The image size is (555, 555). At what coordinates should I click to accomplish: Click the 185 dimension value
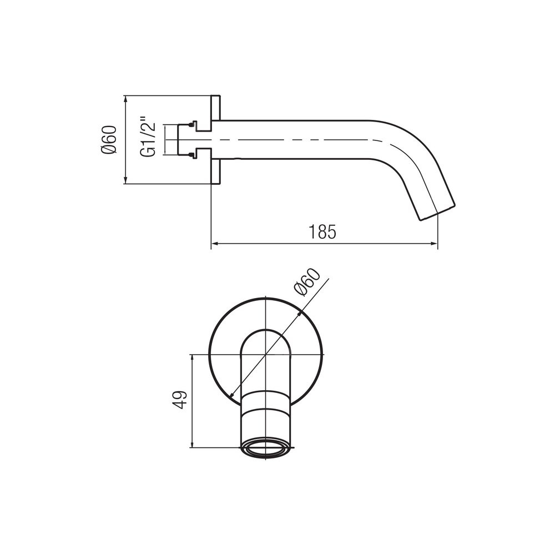[322, 232]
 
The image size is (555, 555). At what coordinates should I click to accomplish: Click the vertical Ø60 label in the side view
[109, 140]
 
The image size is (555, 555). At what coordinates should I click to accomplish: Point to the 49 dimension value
[181, 400]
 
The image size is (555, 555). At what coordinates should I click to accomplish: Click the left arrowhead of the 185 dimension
[214, 244]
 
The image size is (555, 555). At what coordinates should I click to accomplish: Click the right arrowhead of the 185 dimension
[434, 244]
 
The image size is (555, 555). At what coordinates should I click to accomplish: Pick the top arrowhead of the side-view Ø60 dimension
[125, 99]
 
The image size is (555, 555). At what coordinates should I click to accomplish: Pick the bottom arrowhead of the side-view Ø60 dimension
[125, 180]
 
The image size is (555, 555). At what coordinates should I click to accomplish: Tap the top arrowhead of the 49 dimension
[192, 358]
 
